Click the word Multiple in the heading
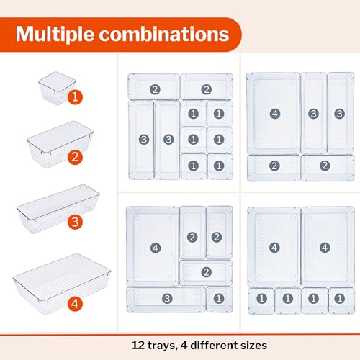point(67,34)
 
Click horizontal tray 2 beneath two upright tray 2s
point(205,271)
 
